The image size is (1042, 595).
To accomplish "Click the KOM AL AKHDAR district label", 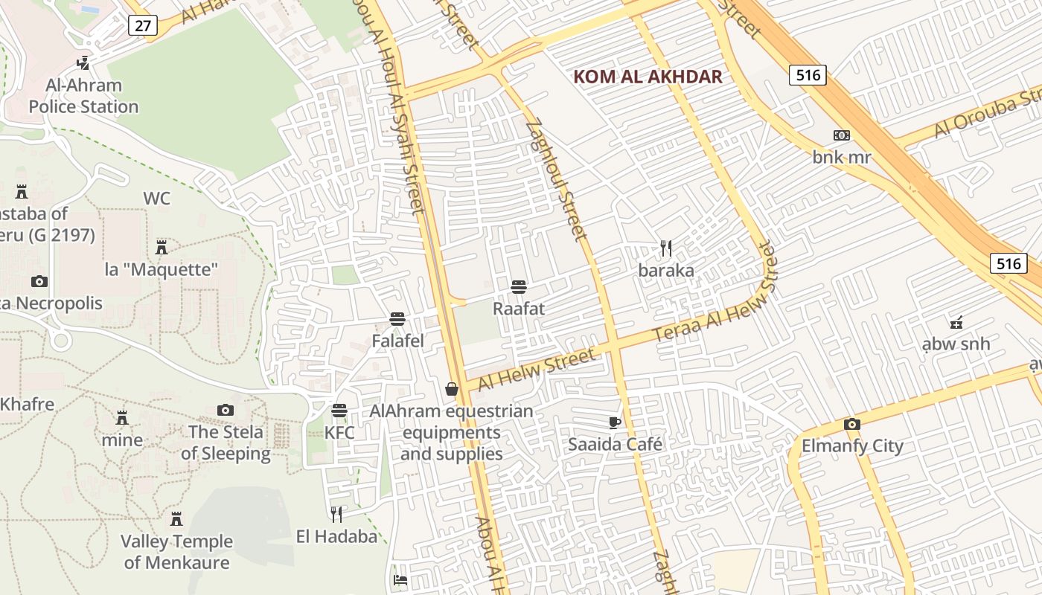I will pyautogui.click(x=648, y=77).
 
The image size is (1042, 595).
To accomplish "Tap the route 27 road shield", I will pyautogui.click(x=142, y=26).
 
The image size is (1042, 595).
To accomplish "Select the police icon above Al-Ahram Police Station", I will pyautogui.click(x=84, y=63).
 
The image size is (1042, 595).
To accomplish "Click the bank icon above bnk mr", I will pyautogui.click(x=842, y=135).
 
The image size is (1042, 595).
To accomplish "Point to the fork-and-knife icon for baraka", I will pyautogui.click(x=666, y=248).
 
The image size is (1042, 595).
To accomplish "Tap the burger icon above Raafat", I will pyautogui.click(x=519, y=286).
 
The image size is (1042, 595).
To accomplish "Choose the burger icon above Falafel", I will pyautogui.click(x=397, y=319).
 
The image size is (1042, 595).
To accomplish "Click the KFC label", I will pyautogui.click(x=339, y=432).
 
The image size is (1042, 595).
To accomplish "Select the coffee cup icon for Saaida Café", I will pyautogui.click(x=615, y=422).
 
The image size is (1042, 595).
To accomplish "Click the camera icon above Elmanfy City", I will pyautogui.click(x=852, y=425).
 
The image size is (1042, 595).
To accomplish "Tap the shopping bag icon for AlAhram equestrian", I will pyautogui.click(x=452, y=389).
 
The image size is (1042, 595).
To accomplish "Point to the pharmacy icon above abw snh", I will pyautogui.click(x=956, y=322).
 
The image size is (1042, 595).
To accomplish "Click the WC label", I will pyautogui.click(x=156, y=199).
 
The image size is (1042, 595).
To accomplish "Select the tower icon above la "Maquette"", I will pyautogui.click(x=162, y=247).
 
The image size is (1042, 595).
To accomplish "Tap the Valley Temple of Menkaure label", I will pyautogui.click(x=177, y=552).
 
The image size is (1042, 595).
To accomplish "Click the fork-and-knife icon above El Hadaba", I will pyautogui.click(x=336, y=514).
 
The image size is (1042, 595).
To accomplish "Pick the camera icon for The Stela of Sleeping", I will pyautogui.click(x=226, y=410).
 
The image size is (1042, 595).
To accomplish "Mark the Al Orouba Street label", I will pyautogui.click(x=986, y=116).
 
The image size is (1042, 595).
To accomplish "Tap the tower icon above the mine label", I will pyautogui.click(x=122, y=417).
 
